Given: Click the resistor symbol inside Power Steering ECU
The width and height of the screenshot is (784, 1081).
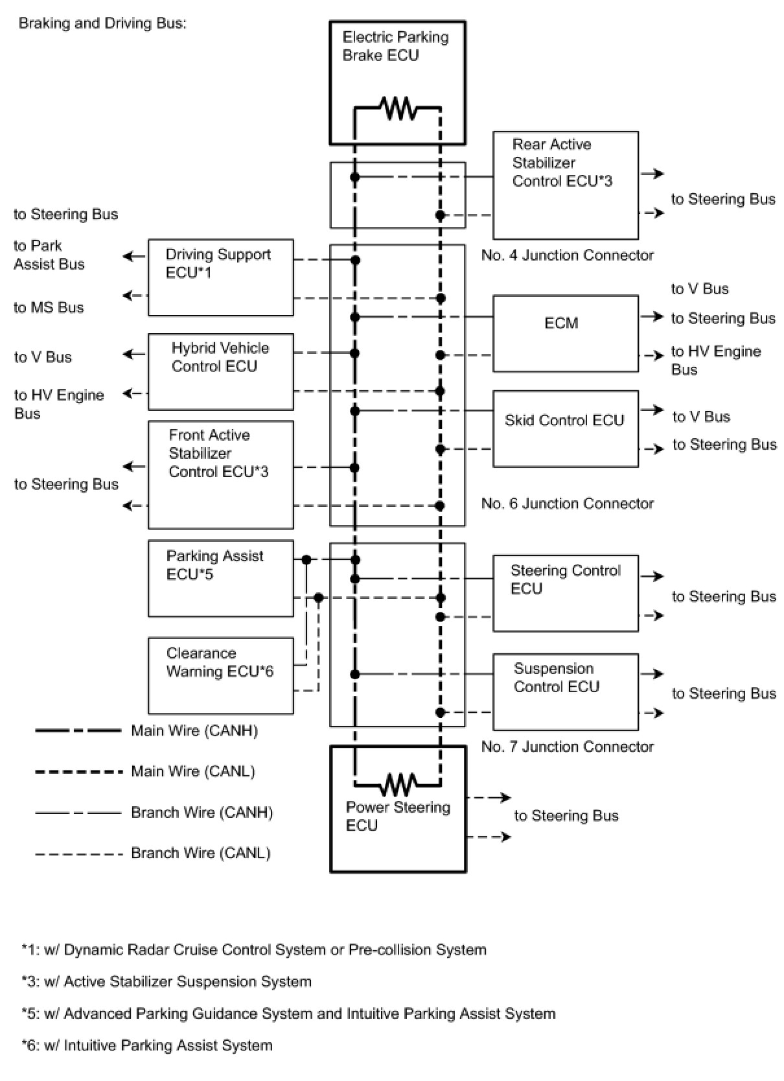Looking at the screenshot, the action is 398,784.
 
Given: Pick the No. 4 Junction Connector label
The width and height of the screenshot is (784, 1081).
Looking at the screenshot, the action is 568,255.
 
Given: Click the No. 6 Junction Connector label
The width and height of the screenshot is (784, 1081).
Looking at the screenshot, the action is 568,504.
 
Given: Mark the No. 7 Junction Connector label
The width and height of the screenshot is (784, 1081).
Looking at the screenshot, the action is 568,747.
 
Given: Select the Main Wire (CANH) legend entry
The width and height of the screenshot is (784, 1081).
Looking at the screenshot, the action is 146,730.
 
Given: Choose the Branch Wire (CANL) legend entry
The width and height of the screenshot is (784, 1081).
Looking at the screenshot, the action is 153,854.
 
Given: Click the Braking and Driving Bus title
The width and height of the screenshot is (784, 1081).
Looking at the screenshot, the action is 102,23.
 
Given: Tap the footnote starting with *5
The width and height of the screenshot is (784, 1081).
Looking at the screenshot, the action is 288,1014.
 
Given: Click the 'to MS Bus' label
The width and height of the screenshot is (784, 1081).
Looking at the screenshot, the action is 49,307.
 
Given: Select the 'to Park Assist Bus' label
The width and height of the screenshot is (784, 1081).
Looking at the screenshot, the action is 49,255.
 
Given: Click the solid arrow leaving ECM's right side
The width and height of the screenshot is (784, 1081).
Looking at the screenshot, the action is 651,316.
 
